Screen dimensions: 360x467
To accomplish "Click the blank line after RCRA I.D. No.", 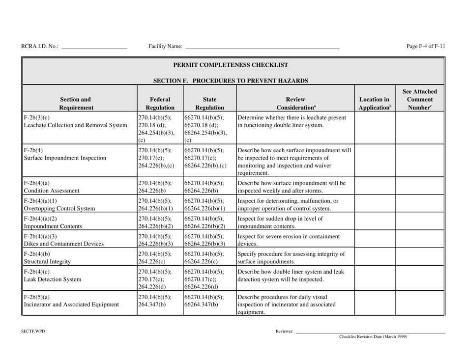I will (94, 47).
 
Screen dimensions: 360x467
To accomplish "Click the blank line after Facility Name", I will (262, 47).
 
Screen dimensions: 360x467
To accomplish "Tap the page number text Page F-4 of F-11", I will (426, 47).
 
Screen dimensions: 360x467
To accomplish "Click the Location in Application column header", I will (374, 102).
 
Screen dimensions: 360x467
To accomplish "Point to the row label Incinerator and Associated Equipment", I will (71, 304).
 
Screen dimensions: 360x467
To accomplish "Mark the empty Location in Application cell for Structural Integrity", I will (374, 257).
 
